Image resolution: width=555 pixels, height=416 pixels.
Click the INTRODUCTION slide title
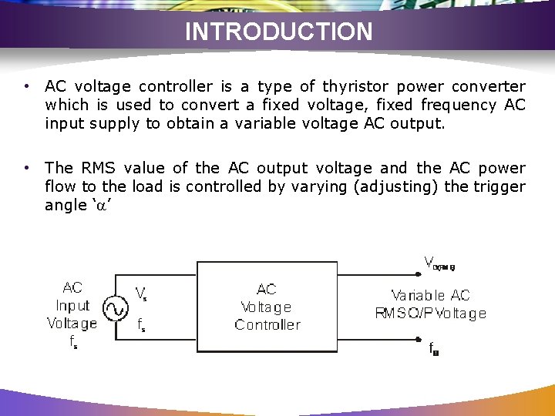point(278,32)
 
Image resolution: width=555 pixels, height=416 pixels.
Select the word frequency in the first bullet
point(461,105)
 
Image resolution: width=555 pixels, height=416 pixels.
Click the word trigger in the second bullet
point(499,186)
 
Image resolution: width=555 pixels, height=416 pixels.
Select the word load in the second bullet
point(143,186)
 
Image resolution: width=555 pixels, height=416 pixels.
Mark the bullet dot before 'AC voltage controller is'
point(27,86)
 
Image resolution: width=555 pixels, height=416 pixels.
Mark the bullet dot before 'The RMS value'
point(27,168)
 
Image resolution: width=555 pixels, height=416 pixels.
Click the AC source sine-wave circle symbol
point(115,309)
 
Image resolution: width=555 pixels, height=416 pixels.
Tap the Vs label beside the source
point(142,293)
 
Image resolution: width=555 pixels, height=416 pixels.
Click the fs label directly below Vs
point(142,325)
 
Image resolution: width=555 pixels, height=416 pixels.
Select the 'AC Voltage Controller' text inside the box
point(267,307)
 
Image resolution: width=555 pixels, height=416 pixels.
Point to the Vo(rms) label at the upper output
point(439,263)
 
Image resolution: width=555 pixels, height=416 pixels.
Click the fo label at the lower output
point(434,349)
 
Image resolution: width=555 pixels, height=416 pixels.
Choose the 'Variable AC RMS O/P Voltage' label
point(430,304)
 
